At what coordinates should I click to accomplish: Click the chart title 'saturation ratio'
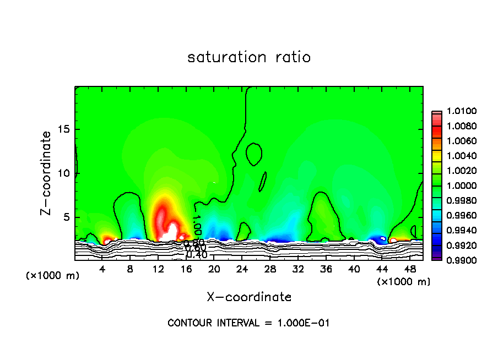pos(249,57)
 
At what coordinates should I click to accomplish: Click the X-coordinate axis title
pos(249,297)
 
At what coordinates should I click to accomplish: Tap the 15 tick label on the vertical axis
pos(63,129)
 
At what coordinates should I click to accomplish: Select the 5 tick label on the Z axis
pos(65,217)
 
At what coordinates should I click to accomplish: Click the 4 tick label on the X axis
pos(102,269)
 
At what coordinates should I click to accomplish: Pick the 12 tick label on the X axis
pos(158,269)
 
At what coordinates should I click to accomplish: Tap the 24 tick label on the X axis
pos(242,269)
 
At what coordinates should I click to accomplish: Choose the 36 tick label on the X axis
pos(326,269)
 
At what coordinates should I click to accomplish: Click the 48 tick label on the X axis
pos(409,269)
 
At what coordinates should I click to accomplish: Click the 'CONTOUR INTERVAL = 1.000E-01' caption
pos(248,323)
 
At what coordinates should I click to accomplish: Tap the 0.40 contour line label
pos(197,254)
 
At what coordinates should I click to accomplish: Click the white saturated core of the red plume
pos(172,231)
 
